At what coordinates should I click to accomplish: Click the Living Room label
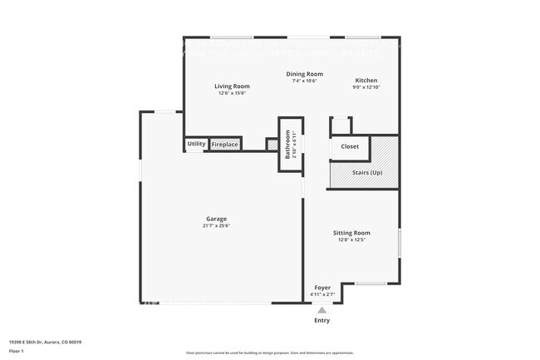click(x=232, y=86)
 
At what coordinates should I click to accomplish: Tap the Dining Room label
click(x=282, y=74)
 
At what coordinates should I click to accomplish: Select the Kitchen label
click(x=366, y=81)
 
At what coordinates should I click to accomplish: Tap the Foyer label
click(x=322, y=288)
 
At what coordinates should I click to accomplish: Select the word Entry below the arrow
click(x=322, y=320)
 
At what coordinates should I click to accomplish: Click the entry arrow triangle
click(x=322, y=309)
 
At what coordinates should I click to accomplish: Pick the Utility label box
click(x=196, y=144)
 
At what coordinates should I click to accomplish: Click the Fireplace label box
click(x=225, y=145)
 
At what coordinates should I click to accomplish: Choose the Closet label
click(x=350, y=146)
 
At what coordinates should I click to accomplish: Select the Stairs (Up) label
click(x=367, y=172)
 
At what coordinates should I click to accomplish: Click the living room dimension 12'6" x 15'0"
click(x=232, y=93)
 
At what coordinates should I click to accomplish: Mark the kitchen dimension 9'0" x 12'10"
click(x=366, y=87)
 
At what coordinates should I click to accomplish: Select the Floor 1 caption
click(x=17, y=351)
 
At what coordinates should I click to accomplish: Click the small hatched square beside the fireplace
click(x=271, y=145)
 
